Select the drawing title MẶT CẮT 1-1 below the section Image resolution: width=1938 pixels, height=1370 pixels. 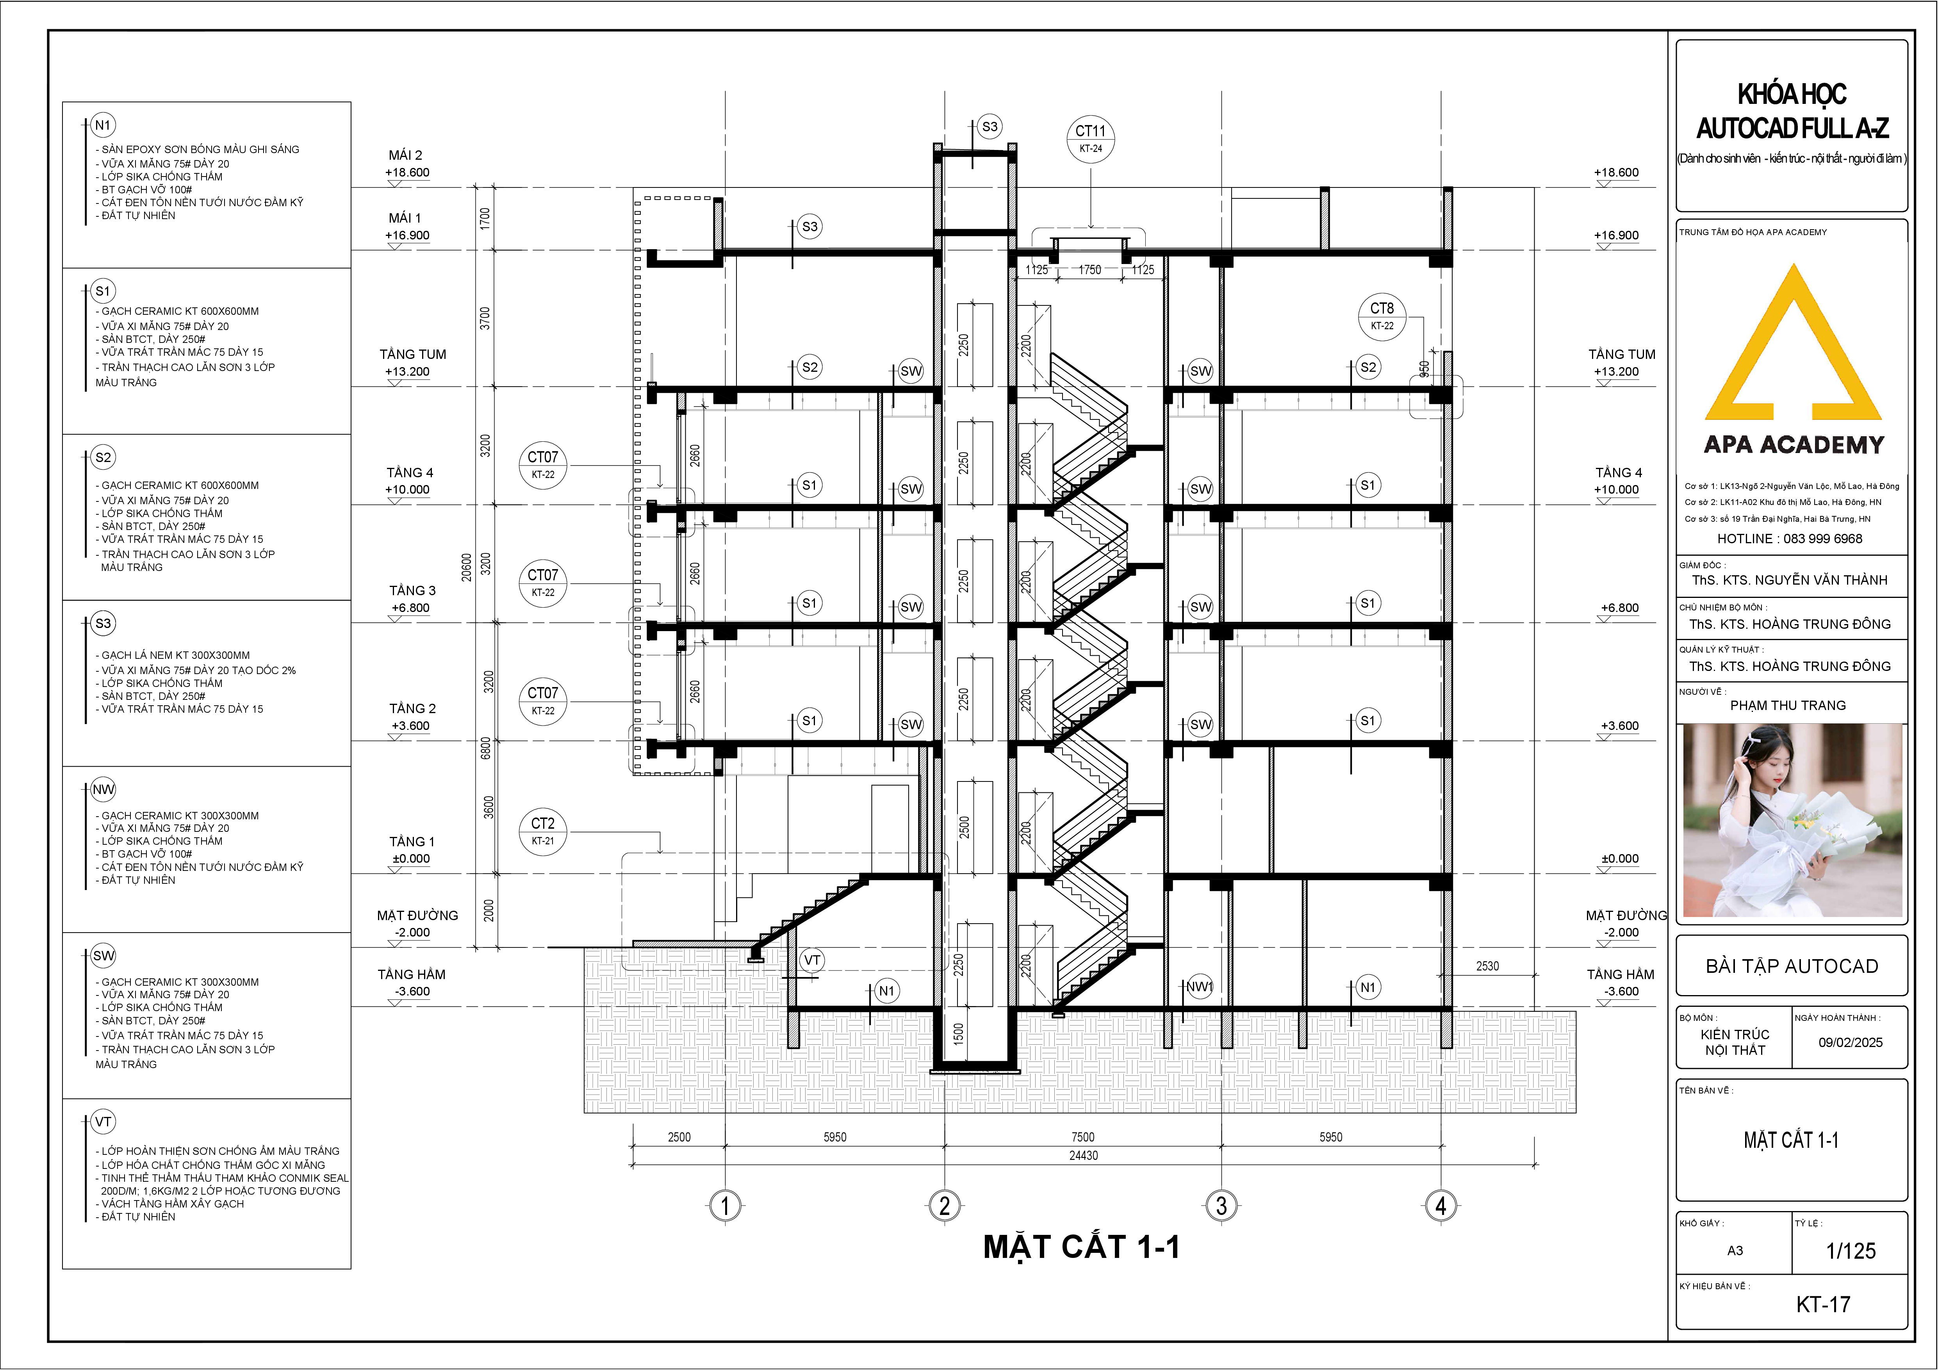pyautogui.click(x=1082, y=1248)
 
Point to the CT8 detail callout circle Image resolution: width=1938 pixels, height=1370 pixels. pyautogui.click(x=1382, y=317)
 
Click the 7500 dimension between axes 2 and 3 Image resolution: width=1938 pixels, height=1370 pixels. pyautogui.click(x=1083, y=1137)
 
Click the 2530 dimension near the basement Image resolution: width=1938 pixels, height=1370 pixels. pyautogui.click(x=1487, y=966)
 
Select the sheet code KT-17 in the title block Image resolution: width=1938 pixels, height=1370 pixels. pyautogui.click(x=1823, y=1304)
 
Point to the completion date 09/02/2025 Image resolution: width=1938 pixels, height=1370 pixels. pyautogui.click(x=1850, y=1042)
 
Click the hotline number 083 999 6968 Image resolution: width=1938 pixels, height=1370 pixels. pyautogui.click(x=1823, y=539)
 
